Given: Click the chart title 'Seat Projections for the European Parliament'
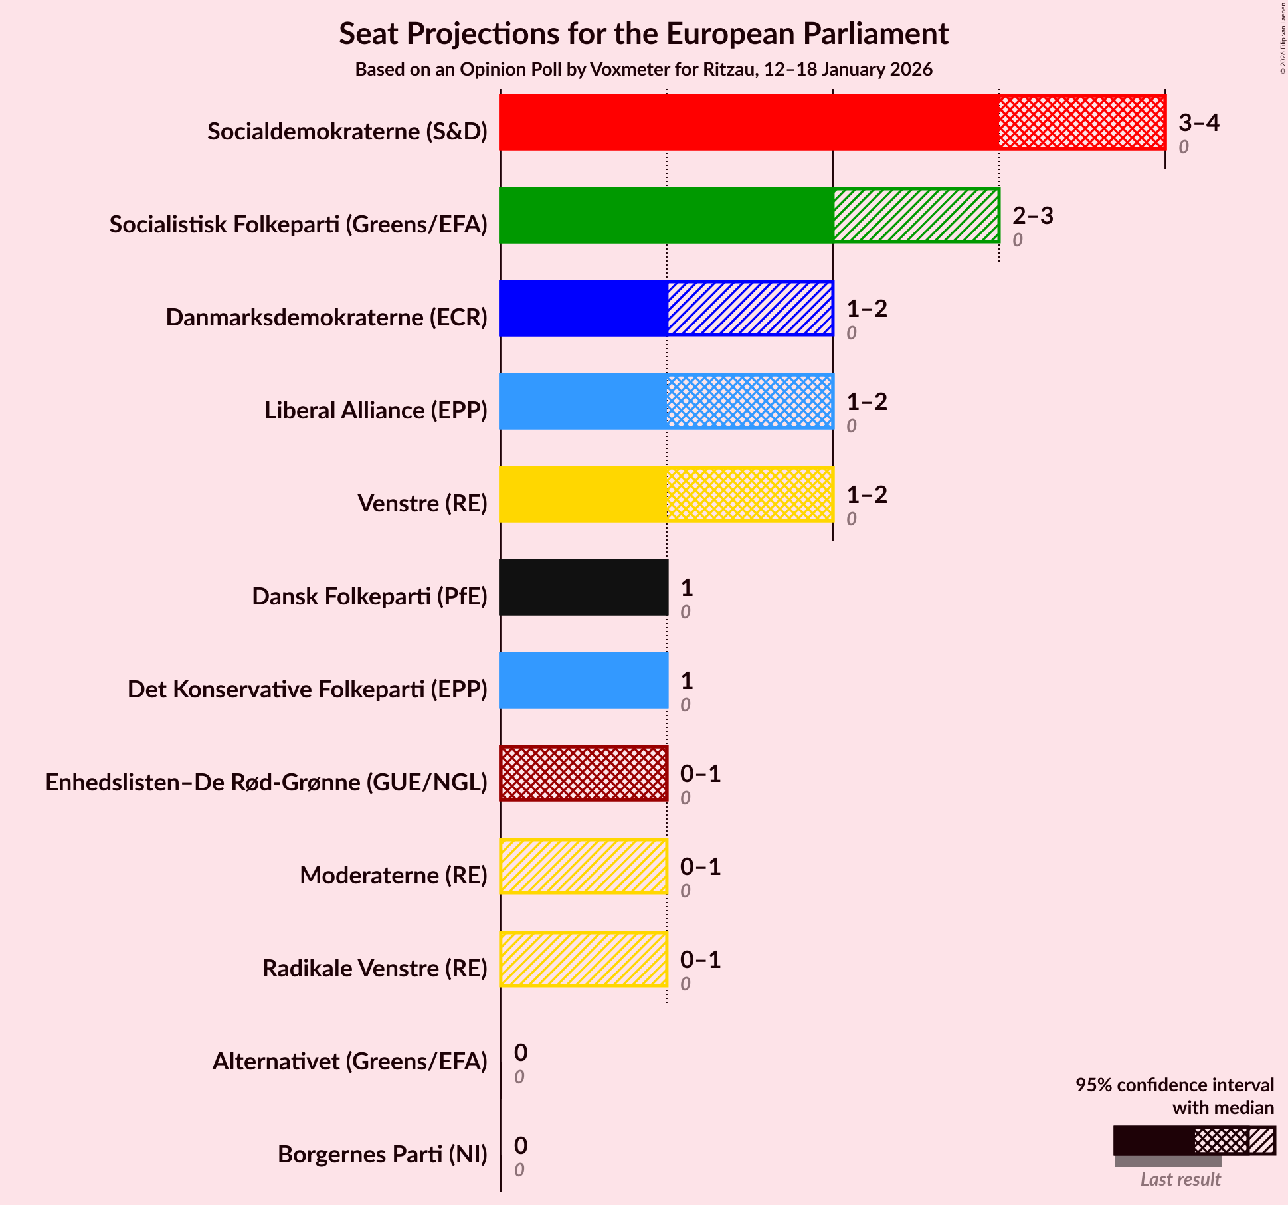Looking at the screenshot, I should click(x=644, y=34).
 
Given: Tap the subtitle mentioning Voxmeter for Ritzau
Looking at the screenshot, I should click(x=644, y=70).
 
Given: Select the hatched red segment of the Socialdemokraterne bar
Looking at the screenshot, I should click(x=1081, y=122).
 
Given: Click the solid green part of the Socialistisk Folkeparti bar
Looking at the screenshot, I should click(x=666, y=215).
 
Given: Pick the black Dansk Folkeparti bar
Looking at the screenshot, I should click(x=583, y=587).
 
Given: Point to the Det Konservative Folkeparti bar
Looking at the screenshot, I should click(x=583, y=680).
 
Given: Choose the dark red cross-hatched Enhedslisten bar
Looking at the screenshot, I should click(x=583, y=773).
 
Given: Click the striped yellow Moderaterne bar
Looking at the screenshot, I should click(x=583, y=866).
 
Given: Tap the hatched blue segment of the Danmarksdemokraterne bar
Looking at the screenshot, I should click(x=750, y=308).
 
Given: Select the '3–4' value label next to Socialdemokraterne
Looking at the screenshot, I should click(x=1199, y=123).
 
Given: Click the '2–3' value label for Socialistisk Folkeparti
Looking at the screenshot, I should click(x=1033, y=216).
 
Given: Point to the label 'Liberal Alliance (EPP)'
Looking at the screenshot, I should click(x=376, y=411).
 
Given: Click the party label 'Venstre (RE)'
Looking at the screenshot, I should click(x=422, y=504).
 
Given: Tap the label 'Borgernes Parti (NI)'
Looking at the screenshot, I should click(x=383, y=1155).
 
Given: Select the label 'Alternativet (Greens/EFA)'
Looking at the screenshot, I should click(x=350, y=1062).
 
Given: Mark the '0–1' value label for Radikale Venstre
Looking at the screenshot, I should click(x=700, y=960).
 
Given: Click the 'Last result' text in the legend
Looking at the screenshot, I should click(x=1180, y=1179).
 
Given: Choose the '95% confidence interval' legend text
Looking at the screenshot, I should click(x=1174, y=1085).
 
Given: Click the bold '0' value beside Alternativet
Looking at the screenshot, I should click(x=521, y=1053).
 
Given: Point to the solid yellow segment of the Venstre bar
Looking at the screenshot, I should click(x=583, y=494).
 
